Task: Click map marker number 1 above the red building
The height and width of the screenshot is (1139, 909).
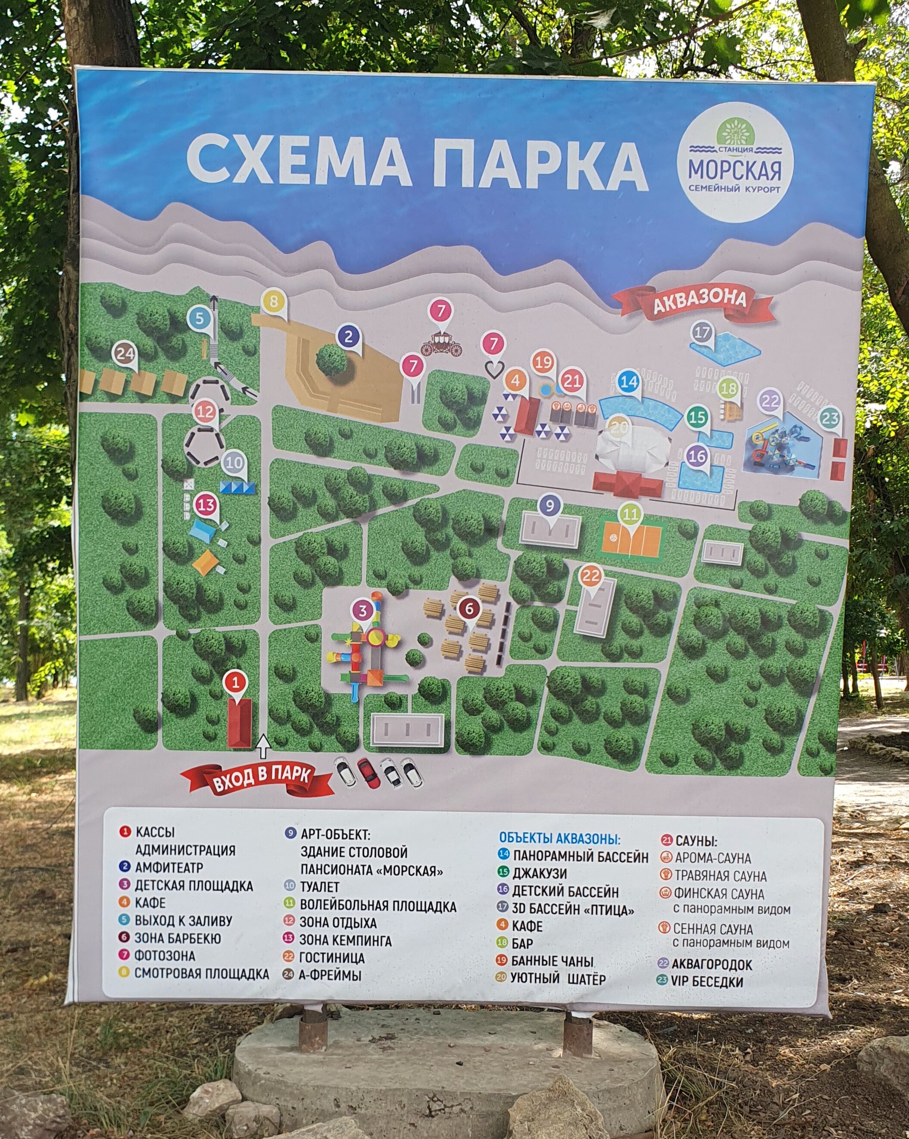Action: (x=236, y=682)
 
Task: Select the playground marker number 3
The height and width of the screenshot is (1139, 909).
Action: (x=362, y=611)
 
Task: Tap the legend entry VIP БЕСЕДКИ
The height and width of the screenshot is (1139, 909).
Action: (x=707, y=982)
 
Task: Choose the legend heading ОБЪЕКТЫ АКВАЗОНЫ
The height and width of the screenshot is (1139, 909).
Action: (x=559, y=838)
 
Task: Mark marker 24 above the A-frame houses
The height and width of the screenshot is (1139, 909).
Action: (x=125, y=354)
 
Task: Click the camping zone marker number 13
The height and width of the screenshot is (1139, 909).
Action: (x=206, y=505)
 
